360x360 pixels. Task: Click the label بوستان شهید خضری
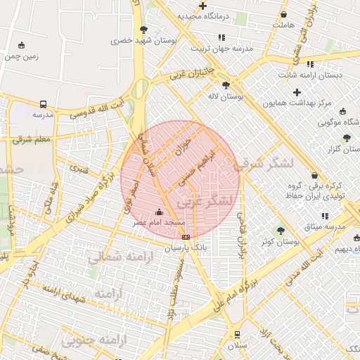click(x=143, y=41)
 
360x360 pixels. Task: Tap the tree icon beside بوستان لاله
click(x=226, y=86)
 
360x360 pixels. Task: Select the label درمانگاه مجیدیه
click(x=203, y=16)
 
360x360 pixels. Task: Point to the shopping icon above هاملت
click(x=283, y=14)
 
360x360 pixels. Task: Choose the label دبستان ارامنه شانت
click(x=309, y=75)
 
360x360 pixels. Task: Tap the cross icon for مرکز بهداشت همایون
click(x=297, y=92)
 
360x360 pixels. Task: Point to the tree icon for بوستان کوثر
click(x=281, y=231)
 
